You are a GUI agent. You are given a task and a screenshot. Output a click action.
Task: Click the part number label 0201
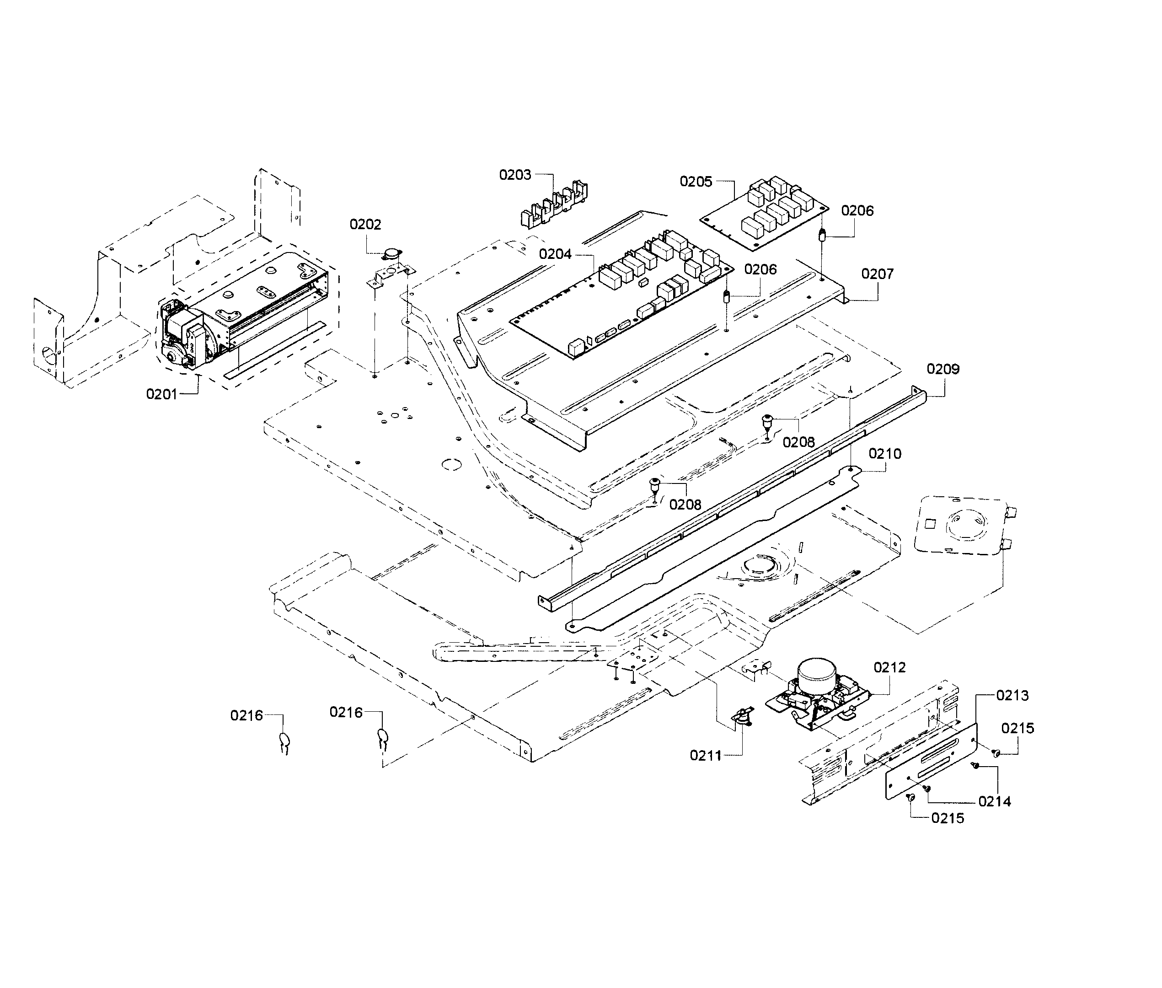click(x=161, y=394)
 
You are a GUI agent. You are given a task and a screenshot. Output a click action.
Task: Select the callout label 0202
click(x=365, y=225)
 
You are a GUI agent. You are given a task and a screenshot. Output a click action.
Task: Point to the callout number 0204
click(x=555, y=254)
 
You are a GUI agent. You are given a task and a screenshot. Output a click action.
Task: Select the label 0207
click(x=877, y=274)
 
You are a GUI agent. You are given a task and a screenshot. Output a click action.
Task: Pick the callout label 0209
click(x=942, y=369)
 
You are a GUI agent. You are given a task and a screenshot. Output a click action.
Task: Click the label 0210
click(x=885, y=454)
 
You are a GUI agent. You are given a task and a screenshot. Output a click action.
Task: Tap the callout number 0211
click(x=705, y=756)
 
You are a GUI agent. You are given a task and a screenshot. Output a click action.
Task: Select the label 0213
click(x=1012, y=696)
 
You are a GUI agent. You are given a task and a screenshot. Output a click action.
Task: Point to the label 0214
click(x=995, y=801)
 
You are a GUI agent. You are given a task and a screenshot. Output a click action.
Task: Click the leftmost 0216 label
click(x=246, y=715)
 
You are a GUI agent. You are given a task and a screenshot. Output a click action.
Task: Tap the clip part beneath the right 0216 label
click(x=383, y=739)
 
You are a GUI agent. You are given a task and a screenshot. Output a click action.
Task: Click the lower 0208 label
click(x=685, y=505)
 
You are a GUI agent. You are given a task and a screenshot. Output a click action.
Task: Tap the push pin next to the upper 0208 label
click(x=766, y=420)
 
